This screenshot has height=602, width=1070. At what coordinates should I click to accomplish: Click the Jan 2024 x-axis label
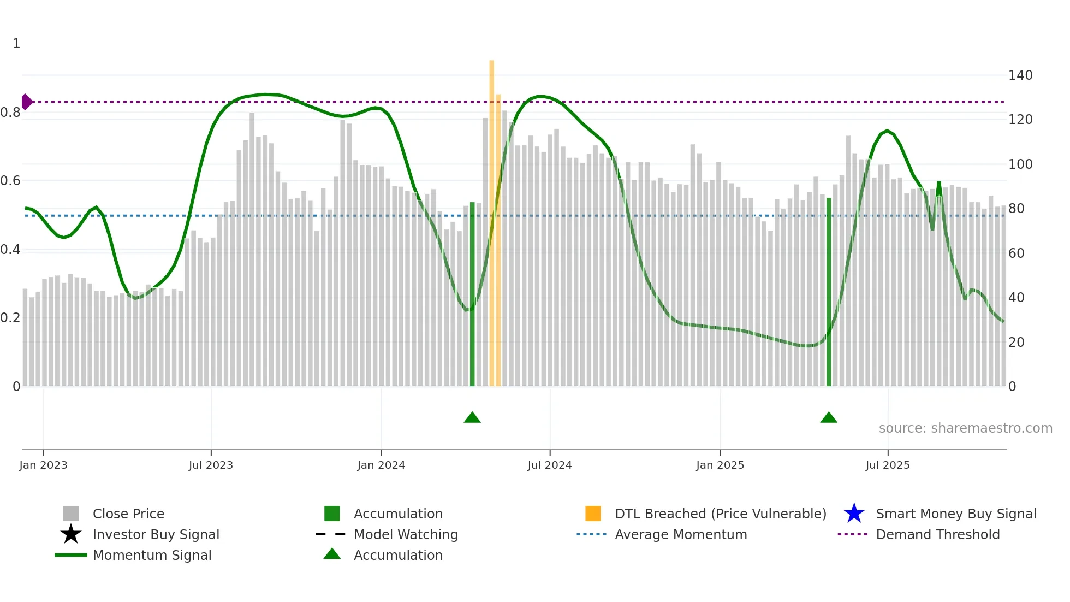click(381, 465)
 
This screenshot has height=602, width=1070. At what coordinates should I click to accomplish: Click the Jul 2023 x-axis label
click(211, 465)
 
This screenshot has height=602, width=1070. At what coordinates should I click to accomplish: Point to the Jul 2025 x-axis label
click(888, 465)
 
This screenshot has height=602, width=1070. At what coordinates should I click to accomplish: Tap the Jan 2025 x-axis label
click(720, 465)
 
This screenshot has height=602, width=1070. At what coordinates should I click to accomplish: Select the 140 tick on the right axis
click(1020, 75)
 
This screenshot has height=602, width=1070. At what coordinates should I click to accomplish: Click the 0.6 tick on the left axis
click(11, 181)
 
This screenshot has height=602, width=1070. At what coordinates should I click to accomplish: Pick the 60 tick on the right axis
click(1016, 253)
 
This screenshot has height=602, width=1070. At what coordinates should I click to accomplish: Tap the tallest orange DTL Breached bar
click(491, 219)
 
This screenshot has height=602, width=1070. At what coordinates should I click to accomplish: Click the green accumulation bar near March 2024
click(472, 295)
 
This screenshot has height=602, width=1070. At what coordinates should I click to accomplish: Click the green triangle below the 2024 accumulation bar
click(472, 418)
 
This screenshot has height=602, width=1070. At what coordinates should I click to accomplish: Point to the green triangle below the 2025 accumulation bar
click(829, 418)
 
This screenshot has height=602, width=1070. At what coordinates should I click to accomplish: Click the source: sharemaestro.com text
click(965, 428)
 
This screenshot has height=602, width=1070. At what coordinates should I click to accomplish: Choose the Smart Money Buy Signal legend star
click(854, 514)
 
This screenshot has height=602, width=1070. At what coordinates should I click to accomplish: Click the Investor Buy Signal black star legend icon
click(71, 534)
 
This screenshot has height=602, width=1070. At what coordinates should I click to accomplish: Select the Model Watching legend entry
click(406, 534)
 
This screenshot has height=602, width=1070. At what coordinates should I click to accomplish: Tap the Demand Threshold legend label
click(937, 534)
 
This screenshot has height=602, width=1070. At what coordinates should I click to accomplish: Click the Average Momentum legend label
click(680, 534)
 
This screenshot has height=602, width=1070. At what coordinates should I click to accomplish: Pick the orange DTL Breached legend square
click(593, 514)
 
